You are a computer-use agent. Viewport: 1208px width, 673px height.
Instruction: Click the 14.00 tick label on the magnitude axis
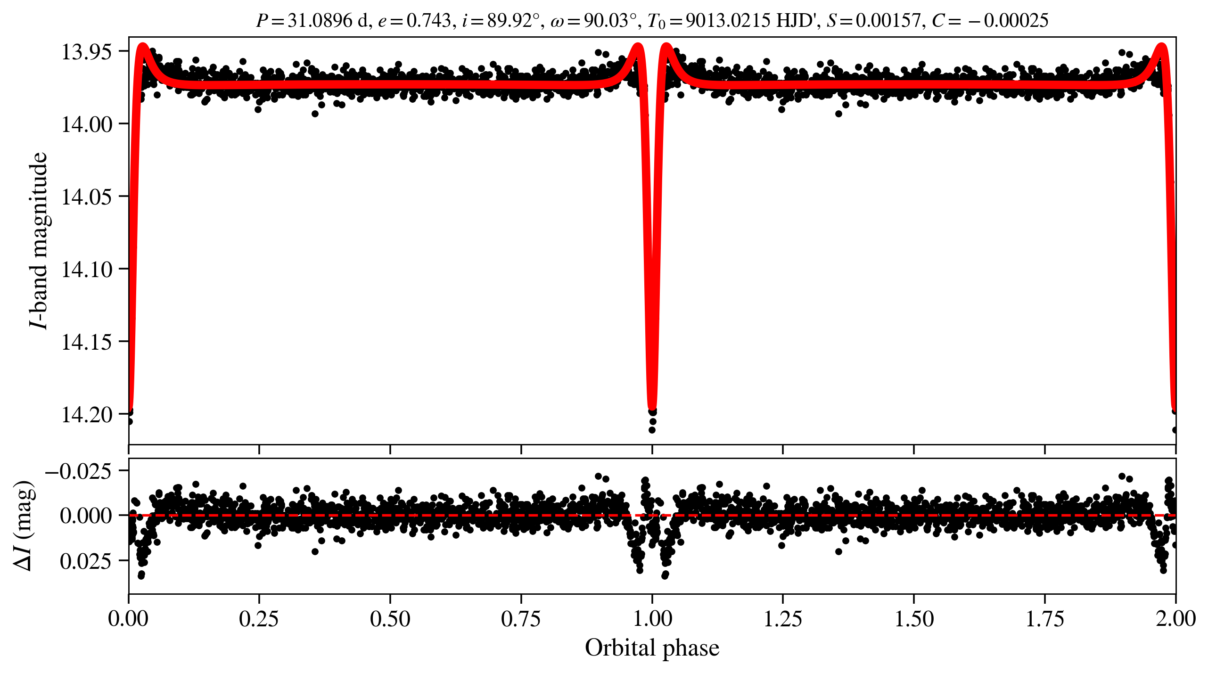pyautogui.click(x=87, y=124)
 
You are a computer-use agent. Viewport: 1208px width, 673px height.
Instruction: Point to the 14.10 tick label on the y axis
pyautogui.click(x=87, y=270)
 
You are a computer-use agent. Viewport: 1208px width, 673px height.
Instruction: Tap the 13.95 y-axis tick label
pyautogui.click(x=87, y=52)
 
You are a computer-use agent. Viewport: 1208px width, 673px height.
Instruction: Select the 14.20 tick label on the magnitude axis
pyautogui.click(x=87, y=415)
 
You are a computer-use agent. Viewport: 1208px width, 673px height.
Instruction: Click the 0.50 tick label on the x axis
pyautogui.click(x=390, y=618)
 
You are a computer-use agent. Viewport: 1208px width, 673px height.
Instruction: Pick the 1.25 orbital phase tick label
pyautogui.click(x=782, y=618)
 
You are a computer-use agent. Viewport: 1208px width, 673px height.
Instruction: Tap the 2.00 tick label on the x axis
pyautogui.click(x=1175, y=618)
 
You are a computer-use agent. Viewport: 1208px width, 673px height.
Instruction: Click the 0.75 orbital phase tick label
pyautogui.click(x=521, y=618)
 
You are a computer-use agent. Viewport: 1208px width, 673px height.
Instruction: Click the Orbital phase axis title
pyautogui.click(x=652, y=648)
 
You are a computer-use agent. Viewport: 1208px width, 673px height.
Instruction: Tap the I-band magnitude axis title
pyautogui.click(x=39, y=240)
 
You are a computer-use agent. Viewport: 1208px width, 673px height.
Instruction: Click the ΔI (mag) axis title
pyautogui.click(x=24, y=525)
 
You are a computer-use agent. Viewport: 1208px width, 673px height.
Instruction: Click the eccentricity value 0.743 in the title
pyautogui.click(x=429, y=21)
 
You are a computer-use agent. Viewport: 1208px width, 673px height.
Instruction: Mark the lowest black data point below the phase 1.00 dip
pyautogui.click(x=652, y=430)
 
